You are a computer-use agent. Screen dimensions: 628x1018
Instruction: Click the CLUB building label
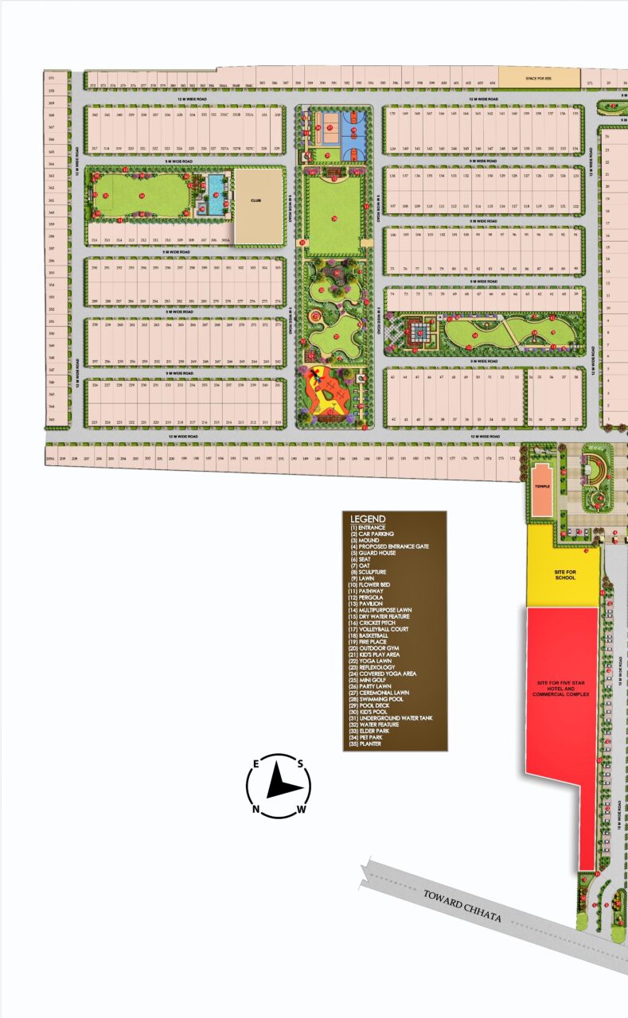[x=256, y=202]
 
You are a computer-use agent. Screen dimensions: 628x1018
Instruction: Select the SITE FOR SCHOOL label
[x=565, y=574]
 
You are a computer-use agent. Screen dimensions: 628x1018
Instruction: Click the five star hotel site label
[x=562, y=689]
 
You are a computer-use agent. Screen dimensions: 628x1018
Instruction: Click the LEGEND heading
[x=368, y=519]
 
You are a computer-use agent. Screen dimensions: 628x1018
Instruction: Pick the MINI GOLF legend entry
[x=374, y=681]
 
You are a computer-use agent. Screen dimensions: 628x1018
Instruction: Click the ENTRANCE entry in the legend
[x=371, y=527]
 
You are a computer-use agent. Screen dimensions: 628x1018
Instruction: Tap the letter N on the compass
[x=256, y=810]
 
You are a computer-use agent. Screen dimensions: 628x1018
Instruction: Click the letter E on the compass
[x=256, y=764]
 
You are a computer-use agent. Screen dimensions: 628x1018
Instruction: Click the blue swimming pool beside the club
[x=216, y=191]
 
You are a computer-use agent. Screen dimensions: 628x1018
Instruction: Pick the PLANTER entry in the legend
[x=372, y=744]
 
